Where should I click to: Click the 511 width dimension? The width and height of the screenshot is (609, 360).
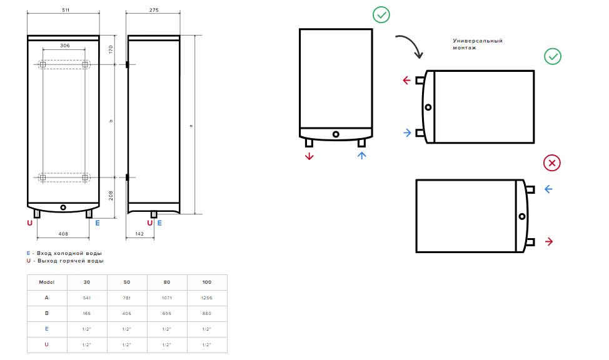click(x=66, y=10)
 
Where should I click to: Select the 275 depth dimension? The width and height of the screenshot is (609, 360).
click(x=154, y=10)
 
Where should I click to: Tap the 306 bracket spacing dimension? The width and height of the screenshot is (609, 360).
click(x=65, y=46)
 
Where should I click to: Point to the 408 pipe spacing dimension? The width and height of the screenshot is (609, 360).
click(x=63, y=234)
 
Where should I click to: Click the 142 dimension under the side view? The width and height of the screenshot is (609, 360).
click(x=139, y=234)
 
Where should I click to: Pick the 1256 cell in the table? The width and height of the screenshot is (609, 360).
click(x=206, y=298)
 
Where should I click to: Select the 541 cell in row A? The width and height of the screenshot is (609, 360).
click(x=87, y=298)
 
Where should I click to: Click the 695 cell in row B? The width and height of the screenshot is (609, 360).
click(x=166, y=313)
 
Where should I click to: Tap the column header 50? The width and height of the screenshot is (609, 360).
click(x=127, y=282)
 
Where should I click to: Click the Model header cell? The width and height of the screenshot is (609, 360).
click(x=47, y=282)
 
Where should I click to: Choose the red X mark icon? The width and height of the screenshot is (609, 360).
click(x=552, y=162)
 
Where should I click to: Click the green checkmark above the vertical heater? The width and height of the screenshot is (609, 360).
click(x=381, y=15)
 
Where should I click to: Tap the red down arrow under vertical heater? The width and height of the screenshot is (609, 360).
click(x=309, y=156)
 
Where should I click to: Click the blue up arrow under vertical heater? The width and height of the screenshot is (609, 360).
click(x=361, y=156)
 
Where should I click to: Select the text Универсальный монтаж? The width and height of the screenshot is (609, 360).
click(x=478, y=44)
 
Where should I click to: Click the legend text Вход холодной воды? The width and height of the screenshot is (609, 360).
click(x=69, y=253)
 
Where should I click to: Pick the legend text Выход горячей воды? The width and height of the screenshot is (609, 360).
click(x=70, y=261)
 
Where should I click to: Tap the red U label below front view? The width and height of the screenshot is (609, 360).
click(x=29, y=223)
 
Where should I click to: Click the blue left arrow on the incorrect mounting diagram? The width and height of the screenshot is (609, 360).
click(x=548, y=189)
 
